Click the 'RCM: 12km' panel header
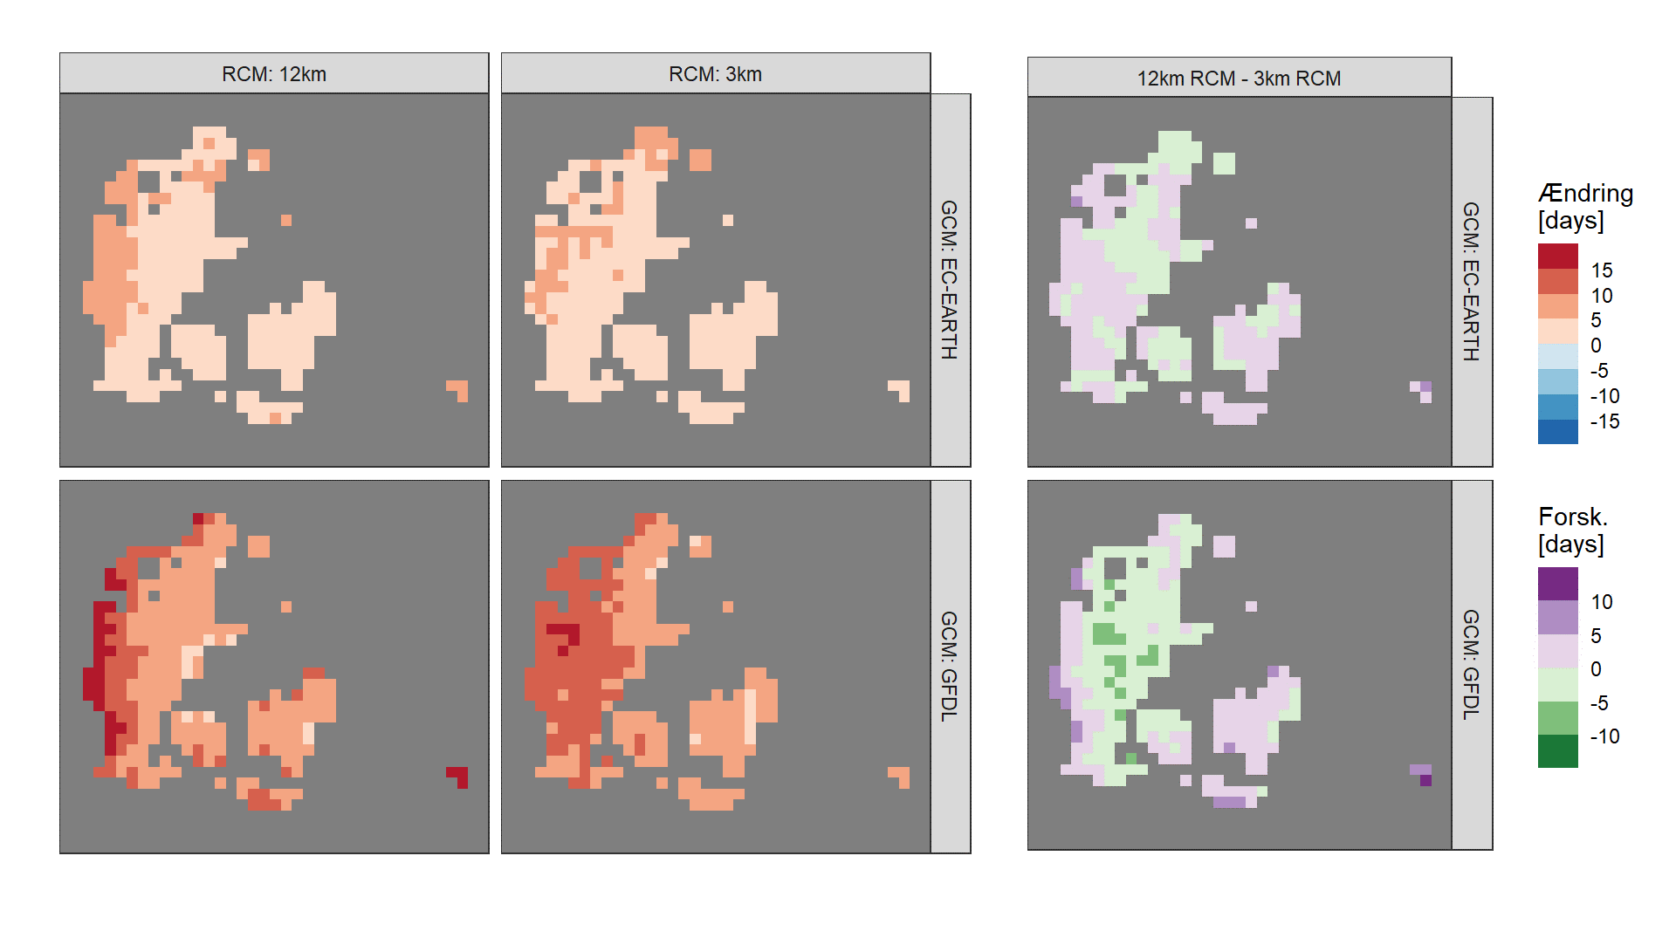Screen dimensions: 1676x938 (274, 73)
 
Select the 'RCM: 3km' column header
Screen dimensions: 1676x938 (716, 73)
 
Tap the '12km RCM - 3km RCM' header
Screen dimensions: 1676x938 (1239, 78)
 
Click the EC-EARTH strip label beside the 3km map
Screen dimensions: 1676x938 (950, 280)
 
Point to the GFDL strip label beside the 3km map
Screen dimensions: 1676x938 (950, 666)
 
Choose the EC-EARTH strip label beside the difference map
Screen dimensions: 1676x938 (1472, 282)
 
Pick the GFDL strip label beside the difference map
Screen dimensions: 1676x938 (1472, 664)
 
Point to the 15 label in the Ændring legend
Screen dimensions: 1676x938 (1602, 270)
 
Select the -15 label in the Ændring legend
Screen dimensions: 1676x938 (1604, 421)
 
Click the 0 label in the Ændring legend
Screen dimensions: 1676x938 (1596, 346)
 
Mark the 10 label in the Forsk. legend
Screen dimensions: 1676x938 (1602, 602)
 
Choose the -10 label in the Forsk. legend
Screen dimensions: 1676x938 (1604, 736)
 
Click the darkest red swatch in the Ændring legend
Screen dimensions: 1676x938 (1557, 257)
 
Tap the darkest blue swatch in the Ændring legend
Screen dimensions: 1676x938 (1557, 432)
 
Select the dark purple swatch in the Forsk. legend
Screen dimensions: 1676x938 (1557, 584)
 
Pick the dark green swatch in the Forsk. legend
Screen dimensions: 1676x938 (1557, 751)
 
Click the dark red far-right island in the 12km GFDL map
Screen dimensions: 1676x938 (459, 776)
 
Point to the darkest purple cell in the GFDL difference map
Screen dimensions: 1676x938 (1425, 780)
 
